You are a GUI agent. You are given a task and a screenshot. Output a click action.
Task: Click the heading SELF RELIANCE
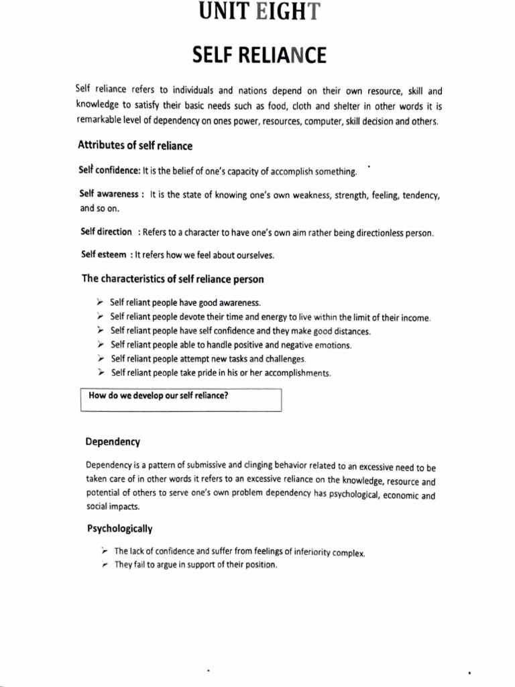click(x=259, y=56)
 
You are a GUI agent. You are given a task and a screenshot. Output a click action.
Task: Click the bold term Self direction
click(x=106, y=232)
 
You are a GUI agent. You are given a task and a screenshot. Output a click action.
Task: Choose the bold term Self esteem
click(x=104, y=255)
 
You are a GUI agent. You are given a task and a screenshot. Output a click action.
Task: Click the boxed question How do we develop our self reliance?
click(x=158, y=396)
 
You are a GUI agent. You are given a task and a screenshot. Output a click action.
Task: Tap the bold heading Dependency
click(x=113, y=441)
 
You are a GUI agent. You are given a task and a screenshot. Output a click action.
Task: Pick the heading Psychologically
click(x=120, y=529)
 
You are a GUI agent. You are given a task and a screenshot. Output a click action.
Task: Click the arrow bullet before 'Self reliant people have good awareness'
click(x=101, y=303)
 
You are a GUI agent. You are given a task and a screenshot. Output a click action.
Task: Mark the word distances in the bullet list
click(x=349, y=331)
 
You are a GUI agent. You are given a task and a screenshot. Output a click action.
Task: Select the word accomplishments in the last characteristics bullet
click(x=295, y=373)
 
